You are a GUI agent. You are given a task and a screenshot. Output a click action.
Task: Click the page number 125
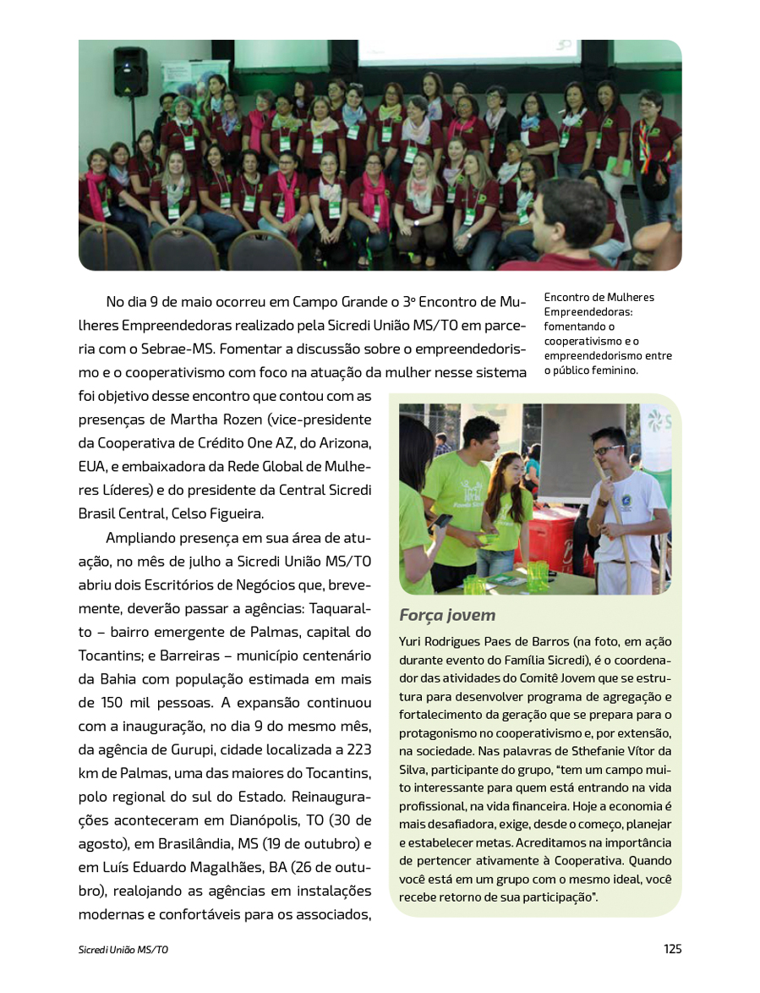point(672,949)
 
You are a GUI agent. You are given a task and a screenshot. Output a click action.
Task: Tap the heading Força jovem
point(447,615)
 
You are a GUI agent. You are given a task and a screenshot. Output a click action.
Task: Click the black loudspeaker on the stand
point(130,72)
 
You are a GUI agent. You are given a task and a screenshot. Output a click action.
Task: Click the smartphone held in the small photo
point(441,522)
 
